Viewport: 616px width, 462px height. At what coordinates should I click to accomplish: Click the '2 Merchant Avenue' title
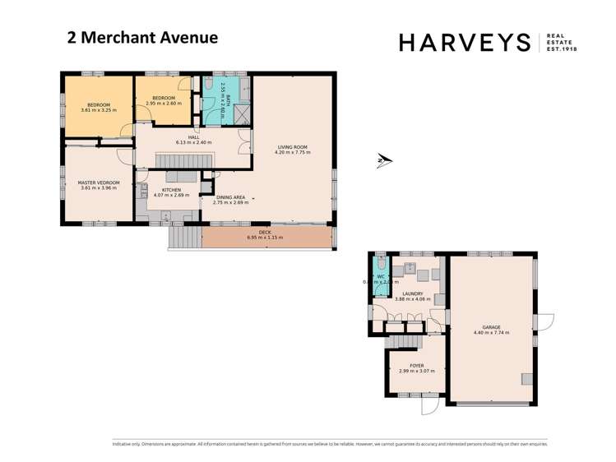coord(141,37)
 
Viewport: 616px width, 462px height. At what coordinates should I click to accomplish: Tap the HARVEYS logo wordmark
coord(465,42)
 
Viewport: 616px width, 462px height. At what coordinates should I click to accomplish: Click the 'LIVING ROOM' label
coord(292,147)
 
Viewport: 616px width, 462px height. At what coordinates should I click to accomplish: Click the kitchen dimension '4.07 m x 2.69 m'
coord(171,195)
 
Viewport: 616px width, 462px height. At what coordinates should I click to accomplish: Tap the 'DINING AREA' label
coord(230,196)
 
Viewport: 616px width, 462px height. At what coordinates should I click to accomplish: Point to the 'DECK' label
coord(265,233)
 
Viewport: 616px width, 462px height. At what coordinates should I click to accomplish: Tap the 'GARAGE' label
coord(491,327)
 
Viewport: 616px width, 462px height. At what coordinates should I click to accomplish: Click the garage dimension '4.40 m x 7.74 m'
coord(491,333)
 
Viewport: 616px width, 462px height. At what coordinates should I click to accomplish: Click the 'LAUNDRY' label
coord(412,293)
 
